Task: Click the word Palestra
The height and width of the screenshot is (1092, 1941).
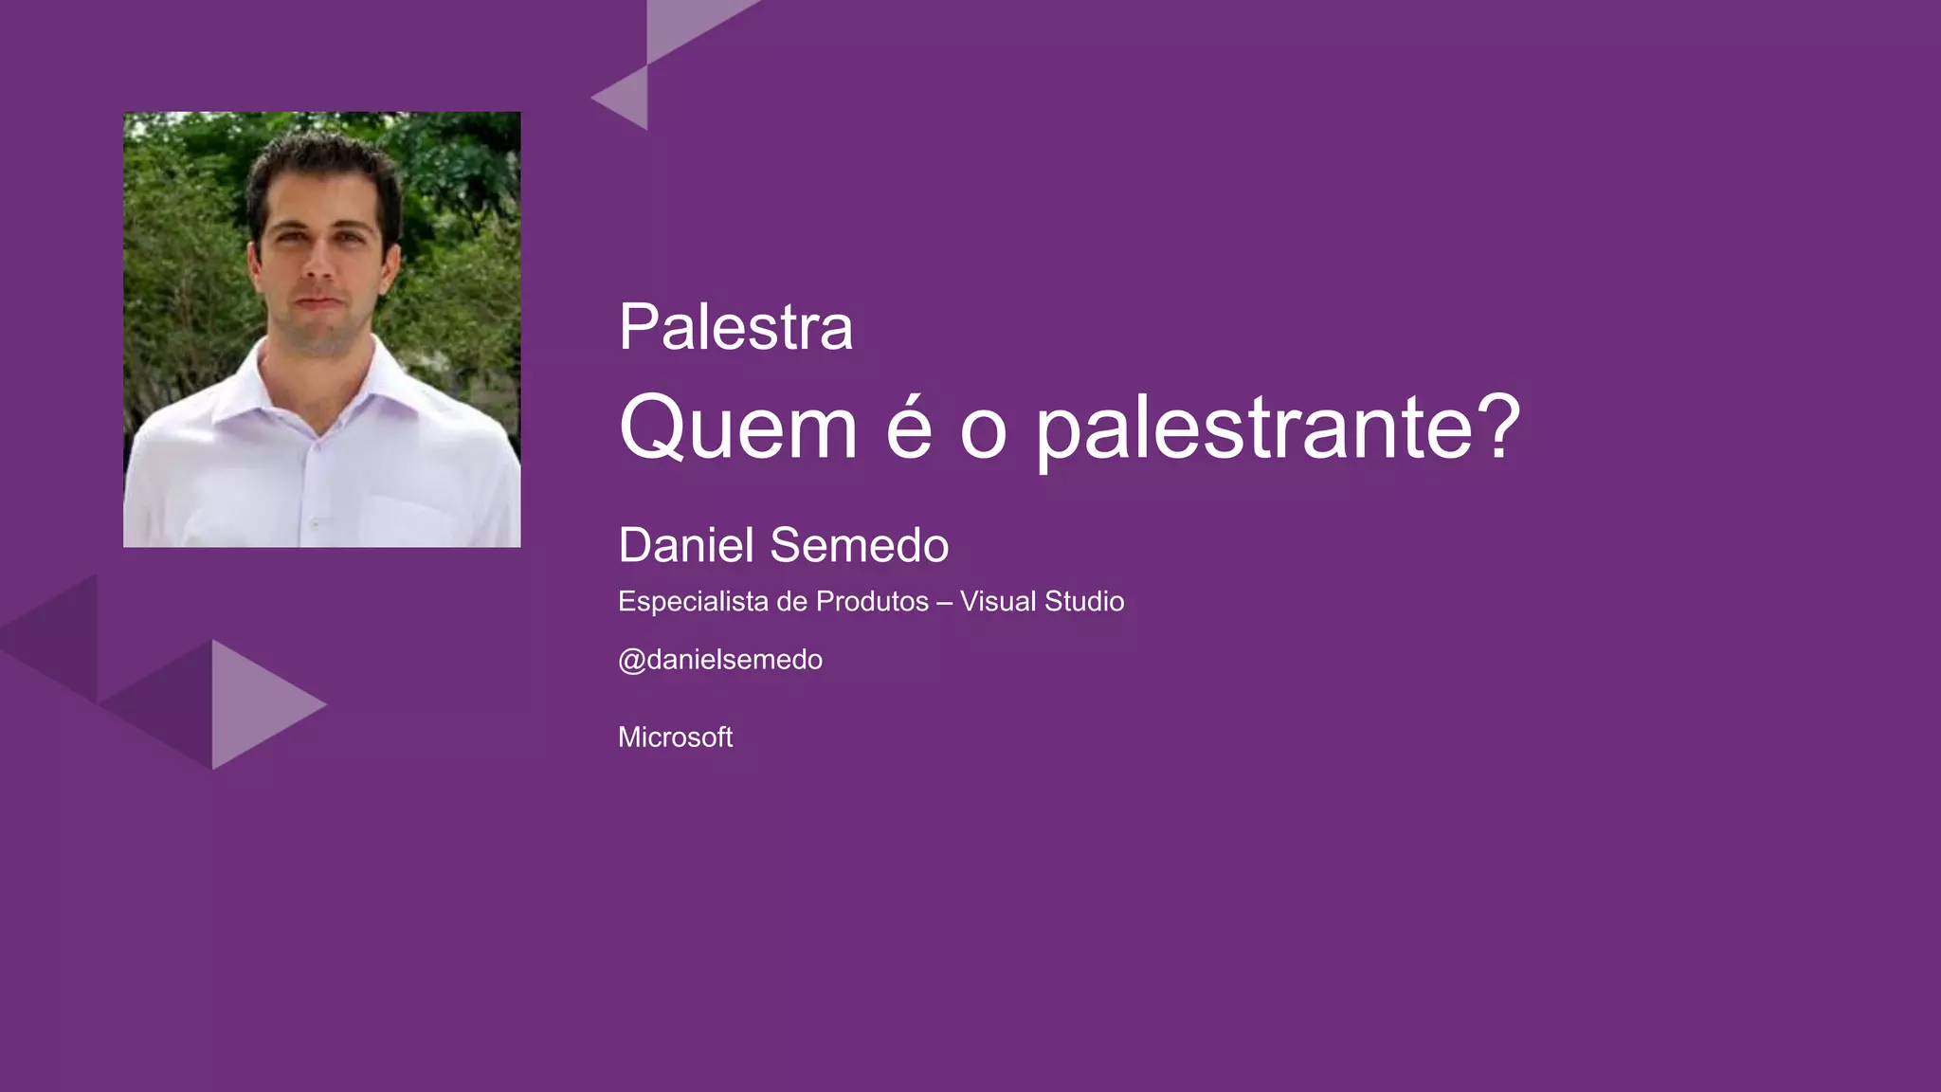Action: pyautogui.click(x=735, y=327)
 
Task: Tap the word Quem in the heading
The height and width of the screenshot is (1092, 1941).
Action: pyautogui.click(x=738, y=428)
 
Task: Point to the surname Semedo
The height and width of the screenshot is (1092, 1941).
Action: pyautogui.click(x=860, y=545)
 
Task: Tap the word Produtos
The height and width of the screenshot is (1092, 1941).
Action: pyautogui.click(x=872, y=601)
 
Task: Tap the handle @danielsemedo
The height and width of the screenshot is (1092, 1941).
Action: pyautogui.click(x=720, y=660)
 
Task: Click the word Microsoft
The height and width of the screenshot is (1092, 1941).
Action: pyautogui.click(x=675, y=737)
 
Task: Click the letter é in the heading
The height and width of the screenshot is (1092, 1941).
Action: pyautogui.click(x=909, y=428)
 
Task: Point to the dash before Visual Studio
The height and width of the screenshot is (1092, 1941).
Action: pyautogui.click(x=944, y=603)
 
